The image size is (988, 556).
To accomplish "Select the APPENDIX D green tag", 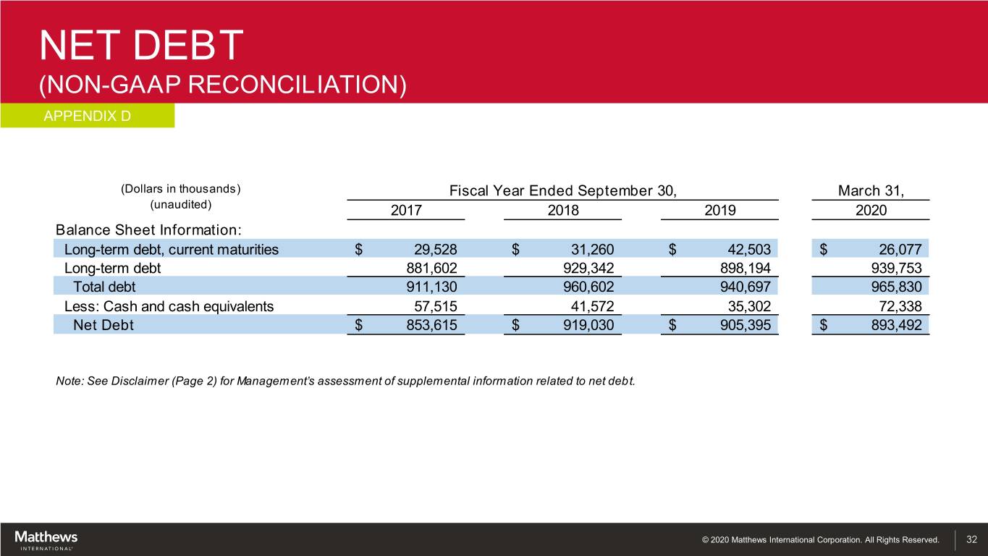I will click(87, 116).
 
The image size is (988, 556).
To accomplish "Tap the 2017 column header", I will click(406, 211).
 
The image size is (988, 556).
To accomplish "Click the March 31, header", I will click(871, 191).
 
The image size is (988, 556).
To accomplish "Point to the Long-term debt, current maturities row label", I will click(172, 250).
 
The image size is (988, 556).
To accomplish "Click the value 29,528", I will click(436, 250).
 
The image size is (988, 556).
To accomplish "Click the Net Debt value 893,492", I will click(897, 325).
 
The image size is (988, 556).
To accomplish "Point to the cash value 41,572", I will click(593, 306).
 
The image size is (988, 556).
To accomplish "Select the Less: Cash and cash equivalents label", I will click(164, 306).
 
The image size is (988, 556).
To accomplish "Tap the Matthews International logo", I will click(46, 540).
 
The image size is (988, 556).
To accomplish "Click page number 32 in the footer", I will click(972, 539).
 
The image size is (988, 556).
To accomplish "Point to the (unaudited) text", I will click(180, 204).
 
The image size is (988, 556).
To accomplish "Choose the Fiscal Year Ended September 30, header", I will click(563, 191).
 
